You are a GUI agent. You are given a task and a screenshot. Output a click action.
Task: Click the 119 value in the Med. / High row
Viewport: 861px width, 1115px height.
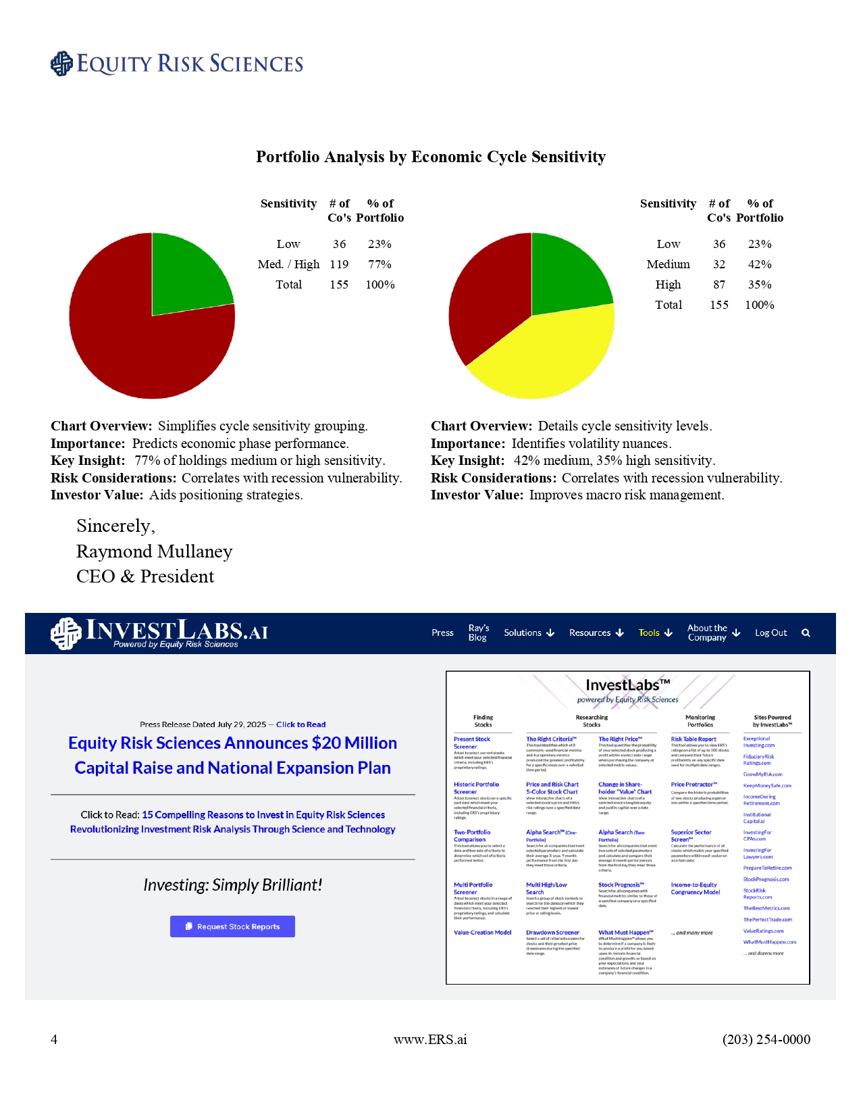[339, 264]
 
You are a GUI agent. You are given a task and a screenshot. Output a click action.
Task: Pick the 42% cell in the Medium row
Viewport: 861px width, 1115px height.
[760, 264]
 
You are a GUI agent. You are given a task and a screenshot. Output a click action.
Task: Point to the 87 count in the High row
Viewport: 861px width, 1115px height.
[719, 284]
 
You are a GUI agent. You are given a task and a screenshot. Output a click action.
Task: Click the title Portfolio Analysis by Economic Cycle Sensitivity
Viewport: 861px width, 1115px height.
[431, 157]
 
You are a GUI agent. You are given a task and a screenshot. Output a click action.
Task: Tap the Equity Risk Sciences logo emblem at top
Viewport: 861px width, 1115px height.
[61, 64]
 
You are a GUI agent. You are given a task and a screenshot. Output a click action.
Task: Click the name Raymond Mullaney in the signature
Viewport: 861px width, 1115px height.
[154, 551]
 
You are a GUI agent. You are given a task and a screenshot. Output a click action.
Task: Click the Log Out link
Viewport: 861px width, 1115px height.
[771, 633]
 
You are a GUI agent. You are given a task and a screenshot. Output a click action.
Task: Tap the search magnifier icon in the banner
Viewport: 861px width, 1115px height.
[806, 633]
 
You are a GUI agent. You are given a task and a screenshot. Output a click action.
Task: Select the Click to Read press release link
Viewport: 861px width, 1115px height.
[301, 724]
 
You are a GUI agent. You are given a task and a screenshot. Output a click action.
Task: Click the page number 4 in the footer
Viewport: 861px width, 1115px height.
[54, 1039]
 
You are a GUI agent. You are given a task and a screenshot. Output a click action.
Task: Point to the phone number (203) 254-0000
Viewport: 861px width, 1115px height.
[766, 1039]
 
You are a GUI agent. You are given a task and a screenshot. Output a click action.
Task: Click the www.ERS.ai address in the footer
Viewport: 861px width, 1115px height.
[430, 1039]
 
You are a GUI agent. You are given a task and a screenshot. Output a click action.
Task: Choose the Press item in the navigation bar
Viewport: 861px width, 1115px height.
[442, 633]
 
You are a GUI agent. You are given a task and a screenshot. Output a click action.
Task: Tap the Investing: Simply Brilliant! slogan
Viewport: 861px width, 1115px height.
[232, 885]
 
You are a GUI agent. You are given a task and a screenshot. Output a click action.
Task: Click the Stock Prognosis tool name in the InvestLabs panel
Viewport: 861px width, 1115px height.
[621, 885]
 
